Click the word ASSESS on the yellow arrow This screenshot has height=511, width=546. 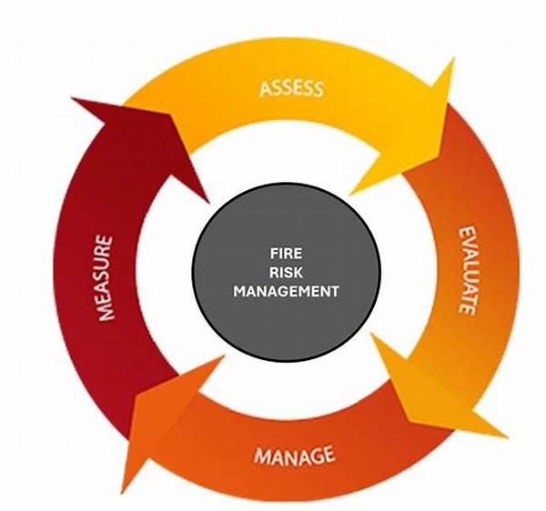click(292, 89)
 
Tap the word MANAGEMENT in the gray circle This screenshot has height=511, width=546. click(286, 291)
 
